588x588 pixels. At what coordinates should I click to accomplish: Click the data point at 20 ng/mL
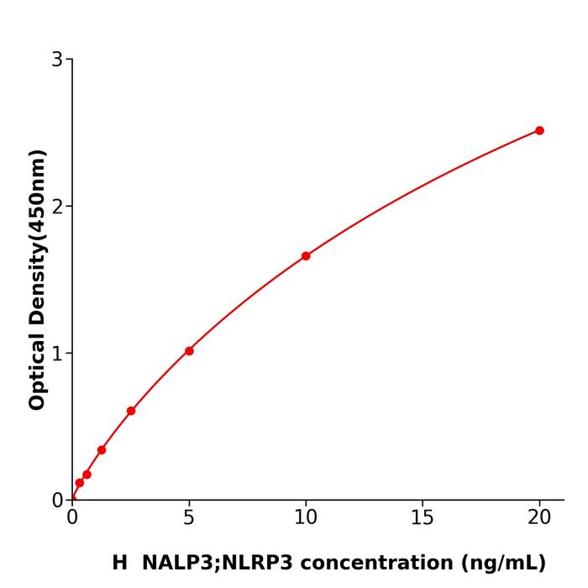pos(539,130)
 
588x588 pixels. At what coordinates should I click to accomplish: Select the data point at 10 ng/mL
pos(306,256)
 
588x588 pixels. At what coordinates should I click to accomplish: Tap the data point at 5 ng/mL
pos(189,351)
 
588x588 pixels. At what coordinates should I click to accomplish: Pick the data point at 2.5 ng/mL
pos(131,411)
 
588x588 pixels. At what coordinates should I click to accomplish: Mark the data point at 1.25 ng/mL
pos(102,450)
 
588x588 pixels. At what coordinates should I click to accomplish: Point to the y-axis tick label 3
pos(57,60)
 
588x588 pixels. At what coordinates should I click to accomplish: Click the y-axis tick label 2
pos(57,207)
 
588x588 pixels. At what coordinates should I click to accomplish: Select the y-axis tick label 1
pos(57,354)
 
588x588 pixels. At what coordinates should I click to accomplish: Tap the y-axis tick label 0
pos(57,501)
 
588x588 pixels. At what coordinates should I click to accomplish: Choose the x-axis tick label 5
pos(189,518)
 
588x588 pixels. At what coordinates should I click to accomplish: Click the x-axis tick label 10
pos(306,518)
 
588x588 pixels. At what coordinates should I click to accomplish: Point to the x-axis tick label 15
pos(423,518)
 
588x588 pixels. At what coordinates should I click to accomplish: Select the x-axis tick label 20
pos(539,518)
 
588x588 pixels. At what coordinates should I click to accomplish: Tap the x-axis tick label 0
pos(72,518)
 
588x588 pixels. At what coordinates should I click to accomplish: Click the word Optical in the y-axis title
pos(37,370)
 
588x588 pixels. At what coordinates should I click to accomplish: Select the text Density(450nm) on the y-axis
pos(37,237)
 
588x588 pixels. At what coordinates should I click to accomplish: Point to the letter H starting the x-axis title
pos(120,563)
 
